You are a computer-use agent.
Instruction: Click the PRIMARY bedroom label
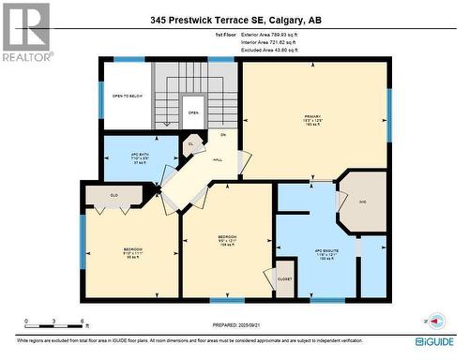[x=313, y=118]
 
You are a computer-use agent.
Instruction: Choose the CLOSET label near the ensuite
[x=283, y=277]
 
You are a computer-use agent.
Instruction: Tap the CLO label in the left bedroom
[x=113, y=194]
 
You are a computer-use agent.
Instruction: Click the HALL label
[x=217, y=159]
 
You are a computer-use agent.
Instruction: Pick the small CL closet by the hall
[x=190, y=144]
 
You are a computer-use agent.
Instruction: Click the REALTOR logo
[x=25, y=31]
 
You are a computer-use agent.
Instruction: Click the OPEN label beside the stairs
[x=193, y=112]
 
